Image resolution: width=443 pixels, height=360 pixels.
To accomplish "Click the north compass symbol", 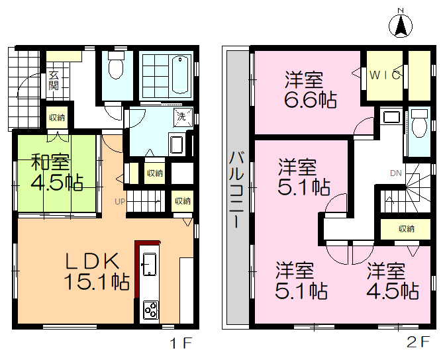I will coord(401,24).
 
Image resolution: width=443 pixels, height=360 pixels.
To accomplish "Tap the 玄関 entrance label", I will coord(54,80).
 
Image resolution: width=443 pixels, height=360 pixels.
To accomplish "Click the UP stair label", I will coord(121,201).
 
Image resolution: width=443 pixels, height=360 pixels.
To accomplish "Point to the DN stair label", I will coord(395,173).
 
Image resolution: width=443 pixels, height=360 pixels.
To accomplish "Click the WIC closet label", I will coord(384,75).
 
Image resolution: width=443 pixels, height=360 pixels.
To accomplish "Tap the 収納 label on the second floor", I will coord(406,229).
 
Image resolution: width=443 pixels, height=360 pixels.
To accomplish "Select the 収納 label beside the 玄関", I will coord(57,118).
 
